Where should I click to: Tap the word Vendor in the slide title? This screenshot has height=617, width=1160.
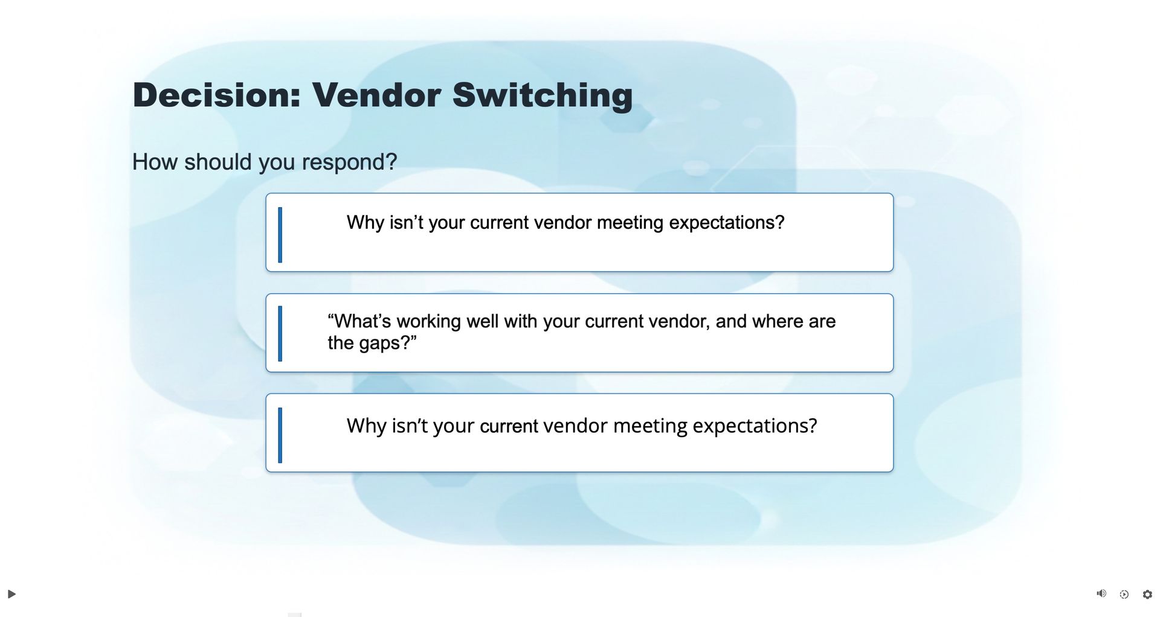click(x=376, y=95)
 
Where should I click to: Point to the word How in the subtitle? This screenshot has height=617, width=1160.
click(x=155, y=162)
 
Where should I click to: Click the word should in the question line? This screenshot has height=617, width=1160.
click(x=217, y=162)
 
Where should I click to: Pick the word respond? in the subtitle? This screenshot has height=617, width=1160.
click(x=349, y=162)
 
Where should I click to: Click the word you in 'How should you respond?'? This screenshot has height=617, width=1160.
click(x=276, y=163)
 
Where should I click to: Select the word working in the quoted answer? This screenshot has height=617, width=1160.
click(x=428, y=322)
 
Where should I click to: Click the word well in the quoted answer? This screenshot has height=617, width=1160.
click(x=482, y=321)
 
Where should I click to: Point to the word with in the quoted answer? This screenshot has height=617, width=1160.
click(x=521, y=321)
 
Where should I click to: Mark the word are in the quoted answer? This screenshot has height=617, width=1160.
click(x=822, y=322)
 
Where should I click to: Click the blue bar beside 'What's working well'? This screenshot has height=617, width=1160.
click(x=280, y=333)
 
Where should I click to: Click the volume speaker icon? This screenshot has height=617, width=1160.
click(x=1101, y=594)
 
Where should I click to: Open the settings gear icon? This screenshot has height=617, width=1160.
click(x=1147, y=595)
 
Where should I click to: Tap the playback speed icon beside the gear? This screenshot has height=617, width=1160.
click(x=1124, y=595)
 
